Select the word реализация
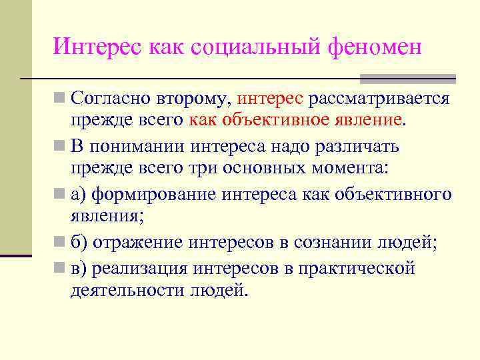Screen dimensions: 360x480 141,269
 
